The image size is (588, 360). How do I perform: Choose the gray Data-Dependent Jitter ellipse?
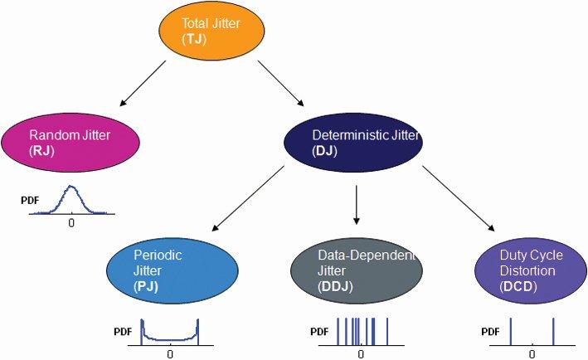357,270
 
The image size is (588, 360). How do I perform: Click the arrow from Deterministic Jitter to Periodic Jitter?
249,197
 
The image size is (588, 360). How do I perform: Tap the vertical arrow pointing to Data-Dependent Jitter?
356,204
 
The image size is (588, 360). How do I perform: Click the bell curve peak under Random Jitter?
71,187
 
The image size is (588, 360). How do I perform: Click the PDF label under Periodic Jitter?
124,332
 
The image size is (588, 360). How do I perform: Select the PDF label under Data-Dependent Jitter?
319,332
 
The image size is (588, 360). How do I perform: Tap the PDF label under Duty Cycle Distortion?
491,332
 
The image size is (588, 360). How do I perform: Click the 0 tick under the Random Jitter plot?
71,223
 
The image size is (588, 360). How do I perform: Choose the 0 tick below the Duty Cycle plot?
532,353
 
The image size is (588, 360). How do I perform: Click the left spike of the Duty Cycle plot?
510,330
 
